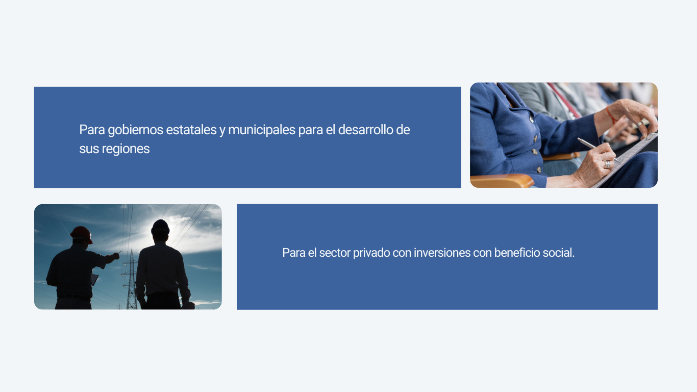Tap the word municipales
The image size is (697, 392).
262,130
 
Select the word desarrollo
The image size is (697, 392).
365,130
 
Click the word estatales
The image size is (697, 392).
191,130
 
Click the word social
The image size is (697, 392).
559,253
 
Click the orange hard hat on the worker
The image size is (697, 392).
82,234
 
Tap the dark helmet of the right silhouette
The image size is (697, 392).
160,227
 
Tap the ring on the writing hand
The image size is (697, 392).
607,164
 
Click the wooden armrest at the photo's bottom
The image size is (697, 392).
502,181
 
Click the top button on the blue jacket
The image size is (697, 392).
532,119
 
